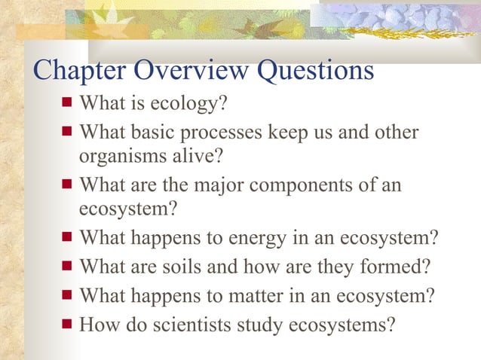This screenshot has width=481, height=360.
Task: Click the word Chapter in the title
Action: tap(81, 71)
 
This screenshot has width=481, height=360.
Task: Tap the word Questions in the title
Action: tap(316, 71)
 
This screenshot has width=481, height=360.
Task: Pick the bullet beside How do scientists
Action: tap(67, 324)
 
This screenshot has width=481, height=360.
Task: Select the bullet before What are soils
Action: tap(67, 265)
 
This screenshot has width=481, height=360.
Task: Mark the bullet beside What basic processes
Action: tap(67, 131)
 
